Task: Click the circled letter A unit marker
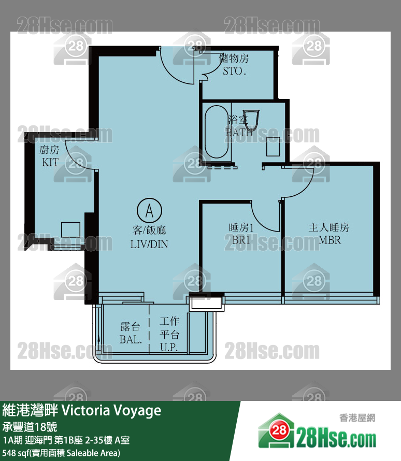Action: click(149, 210)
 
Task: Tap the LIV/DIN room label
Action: click(149, 244)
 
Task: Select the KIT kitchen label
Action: click(50, 162)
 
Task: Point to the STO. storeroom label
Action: click(234, 71)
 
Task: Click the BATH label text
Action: click(239, 133)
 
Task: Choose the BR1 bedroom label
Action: click(241, 240)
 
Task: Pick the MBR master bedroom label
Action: click(330, 240)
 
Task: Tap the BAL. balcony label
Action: click(131, 340)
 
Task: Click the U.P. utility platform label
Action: click(169, 348)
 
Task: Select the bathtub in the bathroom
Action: click(217, 132)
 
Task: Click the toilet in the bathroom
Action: click(251, 119)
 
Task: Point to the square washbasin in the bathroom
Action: click(273, 147)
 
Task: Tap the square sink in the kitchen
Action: click(70, 229)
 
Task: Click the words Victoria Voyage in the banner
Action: click(112, 411)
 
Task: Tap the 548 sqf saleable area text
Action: click(61, 453)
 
